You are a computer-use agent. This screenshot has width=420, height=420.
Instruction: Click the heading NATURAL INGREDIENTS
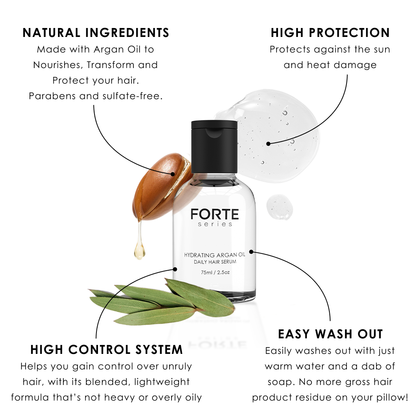[96, 33]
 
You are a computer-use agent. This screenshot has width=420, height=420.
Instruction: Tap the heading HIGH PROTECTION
[330, 33]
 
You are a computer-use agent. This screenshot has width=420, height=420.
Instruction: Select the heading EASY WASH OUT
[331, 334]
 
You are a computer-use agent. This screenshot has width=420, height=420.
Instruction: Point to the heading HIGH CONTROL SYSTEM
[107, 350]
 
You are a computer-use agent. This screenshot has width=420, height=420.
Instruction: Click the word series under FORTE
[215, 224]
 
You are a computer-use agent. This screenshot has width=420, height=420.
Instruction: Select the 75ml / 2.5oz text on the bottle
[215, 272]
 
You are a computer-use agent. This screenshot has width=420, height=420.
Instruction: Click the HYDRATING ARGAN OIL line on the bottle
[215, 255]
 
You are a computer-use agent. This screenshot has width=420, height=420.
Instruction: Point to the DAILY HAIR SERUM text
[215, 262]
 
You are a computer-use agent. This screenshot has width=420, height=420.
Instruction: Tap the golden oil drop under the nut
[139, 251]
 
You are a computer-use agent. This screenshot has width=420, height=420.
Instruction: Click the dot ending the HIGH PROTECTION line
[268, 143]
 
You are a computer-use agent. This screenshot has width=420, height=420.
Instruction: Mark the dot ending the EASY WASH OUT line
[251, 252]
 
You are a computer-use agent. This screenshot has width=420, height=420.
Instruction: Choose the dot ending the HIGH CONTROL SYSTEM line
[175, 269]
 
